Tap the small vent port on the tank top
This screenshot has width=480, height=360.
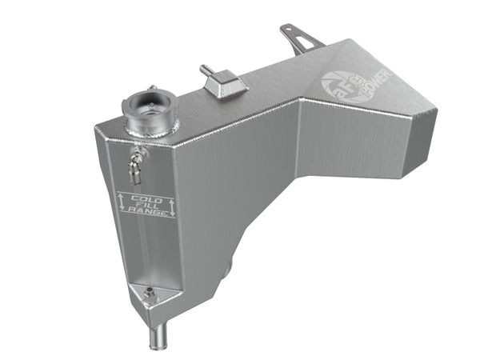tap(220, 82)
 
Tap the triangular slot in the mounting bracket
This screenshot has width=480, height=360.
tap(300, 43)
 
